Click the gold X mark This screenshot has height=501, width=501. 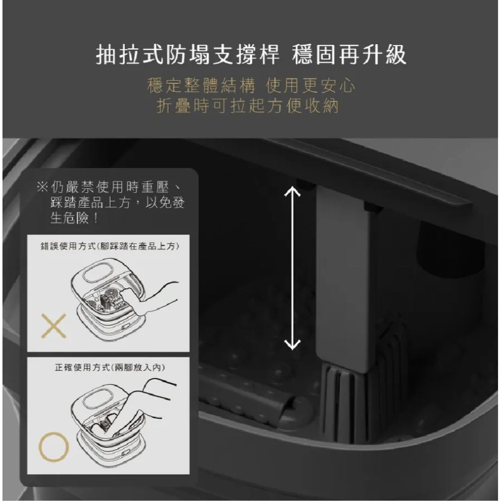tap(54, 326)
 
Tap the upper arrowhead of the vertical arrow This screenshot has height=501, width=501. tap(292, 193)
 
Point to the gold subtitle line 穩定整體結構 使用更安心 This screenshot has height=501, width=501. tap(252, 86)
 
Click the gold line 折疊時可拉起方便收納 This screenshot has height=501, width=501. tap(247, 106)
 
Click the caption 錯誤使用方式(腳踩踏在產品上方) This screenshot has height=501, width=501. tap(110, 246)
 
